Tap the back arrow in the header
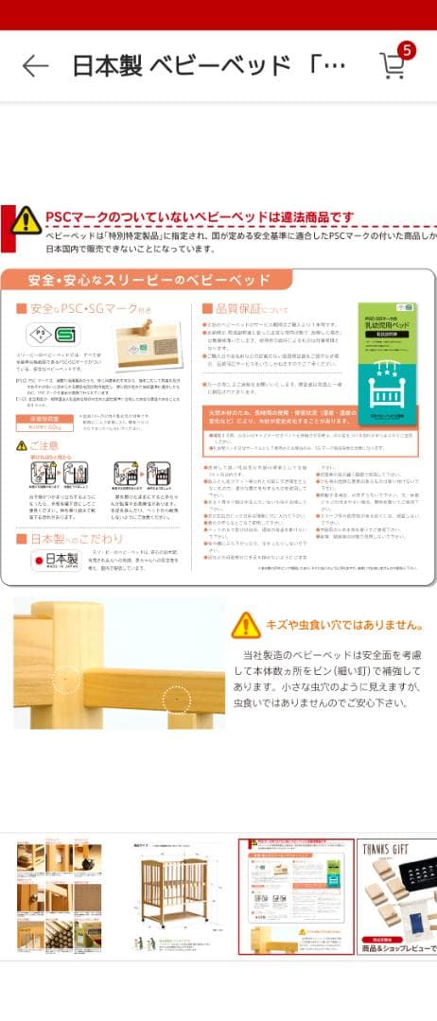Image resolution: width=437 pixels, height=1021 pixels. (35, 65)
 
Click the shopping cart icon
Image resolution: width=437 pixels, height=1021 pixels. (392, 65)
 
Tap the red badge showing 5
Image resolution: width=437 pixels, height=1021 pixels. (408, 50)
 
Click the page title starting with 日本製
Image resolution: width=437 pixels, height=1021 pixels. (209, 65)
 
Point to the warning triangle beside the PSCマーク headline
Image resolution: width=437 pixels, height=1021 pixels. (26, 220)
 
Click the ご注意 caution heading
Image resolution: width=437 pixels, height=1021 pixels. (37, 445)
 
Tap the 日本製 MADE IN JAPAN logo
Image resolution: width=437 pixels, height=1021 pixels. (58, 562)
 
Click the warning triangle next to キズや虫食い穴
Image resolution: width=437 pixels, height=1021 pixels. (245, 624)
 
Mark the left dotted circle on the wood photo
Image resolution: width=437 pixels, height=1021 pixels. (65, 679)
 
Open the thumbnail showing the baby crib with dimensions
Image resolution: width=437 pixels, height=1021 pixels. (178, 896)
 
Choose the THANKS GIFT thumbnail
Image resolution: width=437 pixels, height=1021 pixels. (397, 896)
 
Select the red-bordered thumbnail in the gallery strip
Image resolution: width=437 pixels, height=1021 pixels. (295, 896)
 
